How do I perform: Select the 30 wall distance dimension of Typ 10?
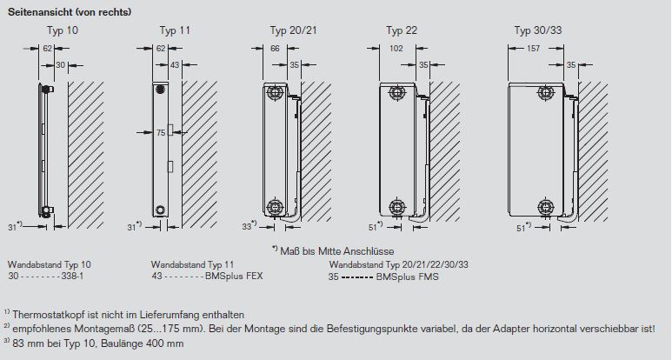(x=61, y=65)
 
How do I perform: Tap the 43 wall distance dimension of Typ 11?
(x=175, y=65)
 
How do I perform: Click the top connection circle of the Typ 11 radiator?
(x=159, y=89)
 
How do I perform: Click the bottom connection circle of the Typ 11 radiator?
(x=159, y=210)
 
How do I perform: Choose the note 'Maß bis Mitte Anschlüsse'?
(x=348, y=250)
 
